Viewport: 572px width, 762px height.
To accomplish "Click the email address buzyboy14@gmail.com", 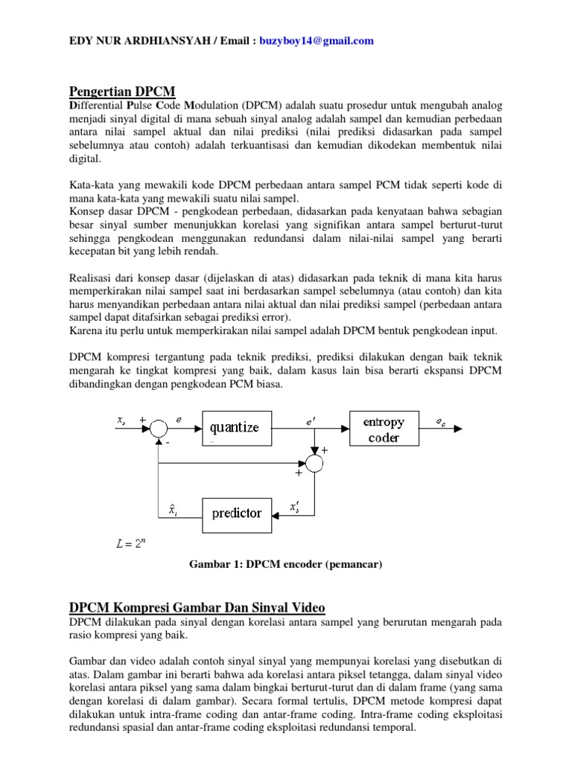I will tap(317, 41).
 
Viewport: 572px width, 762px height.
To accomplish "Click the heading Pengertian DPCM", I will tap(122, 92).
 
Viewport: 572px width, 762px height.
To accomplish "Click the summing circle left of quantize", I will tap(159, 429).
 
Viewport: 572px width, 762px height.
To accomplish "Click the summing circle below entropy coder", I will tap(316, 462).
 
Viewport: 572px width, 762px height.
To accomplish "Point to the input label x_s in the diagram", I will tap(121, 420).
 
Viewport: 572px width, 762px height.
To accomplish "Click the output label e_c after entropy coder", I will tap(442, 420).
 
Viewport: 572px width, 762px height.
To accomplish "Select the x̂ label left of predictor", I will tap(172, 509).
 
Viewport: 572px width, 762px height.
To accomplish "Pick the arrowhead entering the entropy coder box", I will tap(346, 429).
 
